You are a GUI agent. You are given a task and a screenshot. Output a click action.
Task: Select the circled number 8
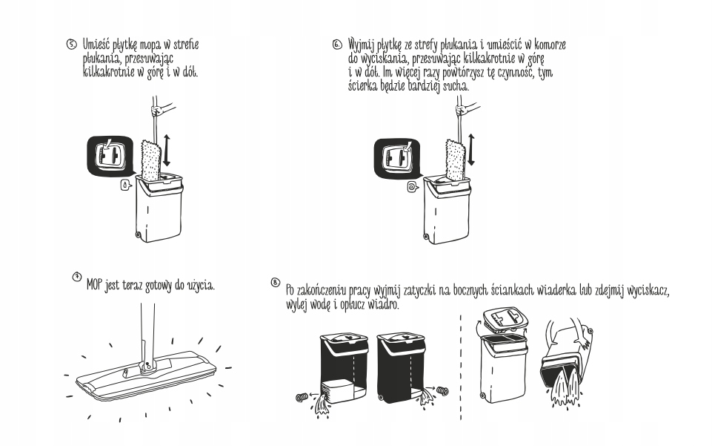pos(276,283)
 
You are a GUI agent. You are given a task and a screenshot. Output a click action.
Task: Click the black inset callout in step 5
pos(110,155)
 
